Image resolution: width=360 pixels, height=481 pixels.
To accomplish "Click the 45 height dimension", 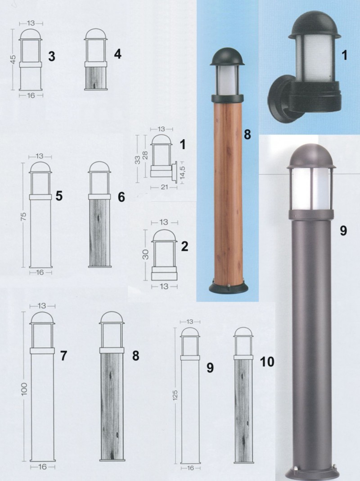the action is [13, 59].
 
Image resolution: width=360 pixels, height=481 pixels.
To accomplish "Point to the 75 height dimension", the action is [23, 216].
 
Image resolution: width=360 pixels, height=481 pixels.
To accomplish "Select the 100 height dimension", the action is [24, 389].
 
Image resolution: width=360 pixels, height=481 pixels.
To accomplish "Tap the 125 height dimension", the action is [175, 395].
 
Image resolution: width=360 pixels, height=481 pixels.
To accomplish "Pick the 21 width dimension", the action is [164, 186].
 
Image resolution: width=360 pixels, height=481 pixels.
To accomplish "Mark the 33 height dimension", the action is [138, 160].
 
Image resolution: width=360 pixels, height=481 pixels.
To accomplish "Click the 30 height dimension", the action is [145, 254].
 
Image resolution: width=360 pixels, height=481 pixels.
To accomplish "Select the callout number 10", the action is [267, 362].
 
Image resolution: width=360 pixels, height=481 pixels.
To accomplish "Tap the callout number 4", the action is [117, 54].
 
